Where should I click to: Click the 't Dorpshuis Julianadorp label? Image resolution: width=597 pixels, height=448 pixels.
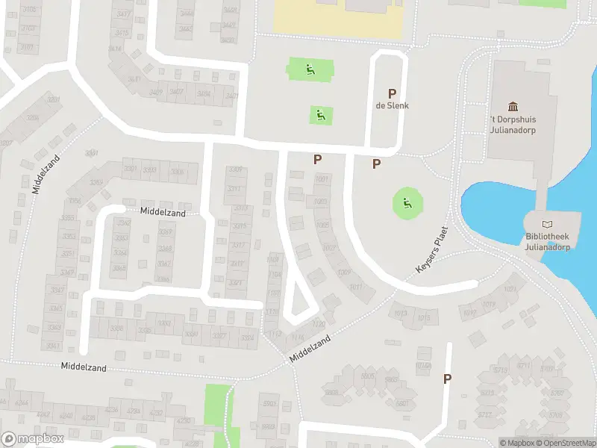point(513,124)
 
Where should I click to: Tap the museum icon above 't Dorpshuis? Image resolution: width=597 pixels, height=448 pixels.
point(513,107)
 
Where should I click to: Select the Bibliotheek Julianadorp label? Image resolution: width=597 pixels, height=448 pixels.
point(548,242)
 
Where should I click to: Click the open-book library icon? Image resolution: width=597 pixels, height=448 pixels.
point(548,224)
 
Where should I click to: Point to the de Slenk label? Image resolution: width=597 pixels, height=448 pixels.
point(392,105)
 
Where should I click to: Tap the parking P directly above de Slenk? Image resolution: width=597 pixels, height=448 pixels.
point(391,93)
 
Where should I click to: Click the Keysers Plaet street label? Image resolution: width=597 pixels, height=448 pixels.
point(431,249)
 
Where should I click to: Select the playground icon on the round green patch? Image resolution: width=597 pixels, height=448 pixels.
point(407,202)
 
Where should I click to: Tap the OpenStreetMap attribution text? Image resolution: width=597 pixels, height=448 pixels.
point(566,443)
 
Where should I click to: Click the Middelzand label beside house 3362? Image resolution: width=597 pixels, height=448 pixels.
point(162,213)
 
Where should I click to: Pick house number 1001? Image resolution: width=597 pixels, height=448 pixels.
point(322,180)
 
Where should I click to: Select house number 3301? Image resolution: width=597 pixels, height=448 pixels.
point(130,169)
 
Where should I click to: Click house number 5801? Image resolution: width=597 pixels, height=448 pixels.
point(402,404)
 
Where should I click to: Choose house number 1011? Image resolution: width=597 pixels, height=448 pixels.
point(355,287)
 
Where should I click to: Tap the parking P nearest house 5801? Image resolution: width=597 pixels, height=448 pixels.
point(447,379)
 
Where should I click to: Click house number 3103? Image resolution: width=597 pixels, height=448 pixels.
point(28,28)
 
